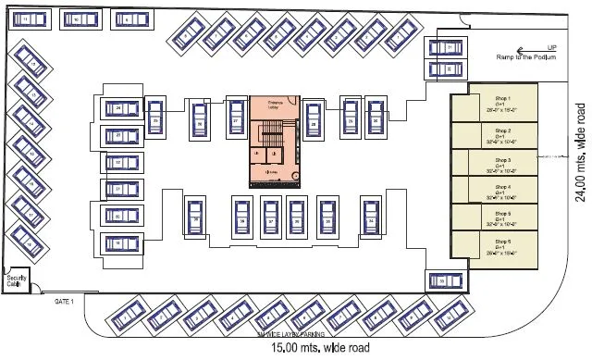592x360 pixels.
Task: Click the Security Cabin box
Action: point(16,280)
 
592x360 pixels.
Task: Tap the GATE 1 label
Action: point(63,301)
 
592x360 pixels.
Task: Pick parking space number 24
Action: point(119,109)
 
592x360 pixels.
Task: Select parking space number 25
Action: point(155,120)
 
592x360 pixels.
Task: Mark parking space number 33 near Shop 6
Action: point(443,280)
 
